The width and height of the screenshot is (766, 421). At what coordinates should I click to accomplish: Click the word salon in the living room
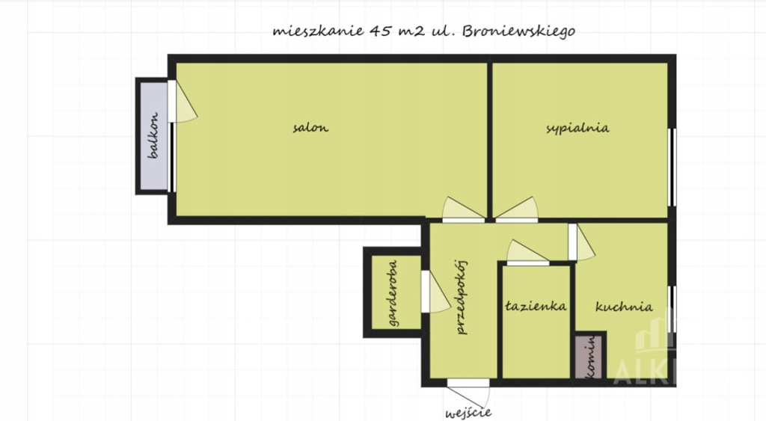coord(310,128)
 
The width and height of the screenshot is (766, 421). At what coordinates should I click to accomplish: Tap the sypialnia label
coord(577,128)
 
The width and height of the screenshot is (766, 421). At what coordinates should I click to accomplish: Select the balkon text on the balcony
coord(154,135)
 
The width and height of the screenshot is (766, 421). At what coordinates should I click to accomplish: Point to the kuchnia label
coord(624,307)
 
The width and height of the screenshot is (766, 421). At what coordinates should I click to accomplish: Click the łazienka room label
coord(536,306)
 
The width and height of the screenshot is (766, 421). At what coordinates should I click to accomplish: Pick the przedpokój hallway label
coord(461,297)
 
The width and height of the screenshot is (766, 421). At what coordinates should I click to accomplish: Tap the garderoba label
coord(393,293)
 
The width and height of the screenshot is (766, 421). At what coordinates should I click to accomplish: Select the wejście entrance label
coord(468,414)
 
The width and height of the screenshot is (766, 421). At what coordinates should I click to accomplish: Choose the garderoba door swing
coord(435,292)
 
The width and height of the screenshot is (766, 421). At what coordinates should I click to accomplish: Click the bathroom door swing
coord(527,253)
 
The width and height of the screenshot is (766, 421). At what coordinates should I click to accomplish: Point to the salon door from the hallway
coord(463,210)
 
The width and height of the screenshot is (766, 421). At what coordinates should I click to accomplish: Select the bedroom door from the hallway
coord(517,210)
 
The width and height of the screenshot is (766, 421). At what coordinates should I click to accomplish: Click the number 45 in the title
coord(381,31)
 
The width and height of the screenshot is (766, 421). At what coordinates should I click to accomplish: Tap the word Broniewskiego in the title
coord(518,31)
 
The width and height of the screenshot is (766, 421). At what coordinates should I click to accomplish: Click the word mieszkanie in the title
coord(318,31)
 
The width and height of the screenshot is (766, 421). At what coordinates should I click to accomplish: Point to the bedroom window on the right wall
coord(672,167)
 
